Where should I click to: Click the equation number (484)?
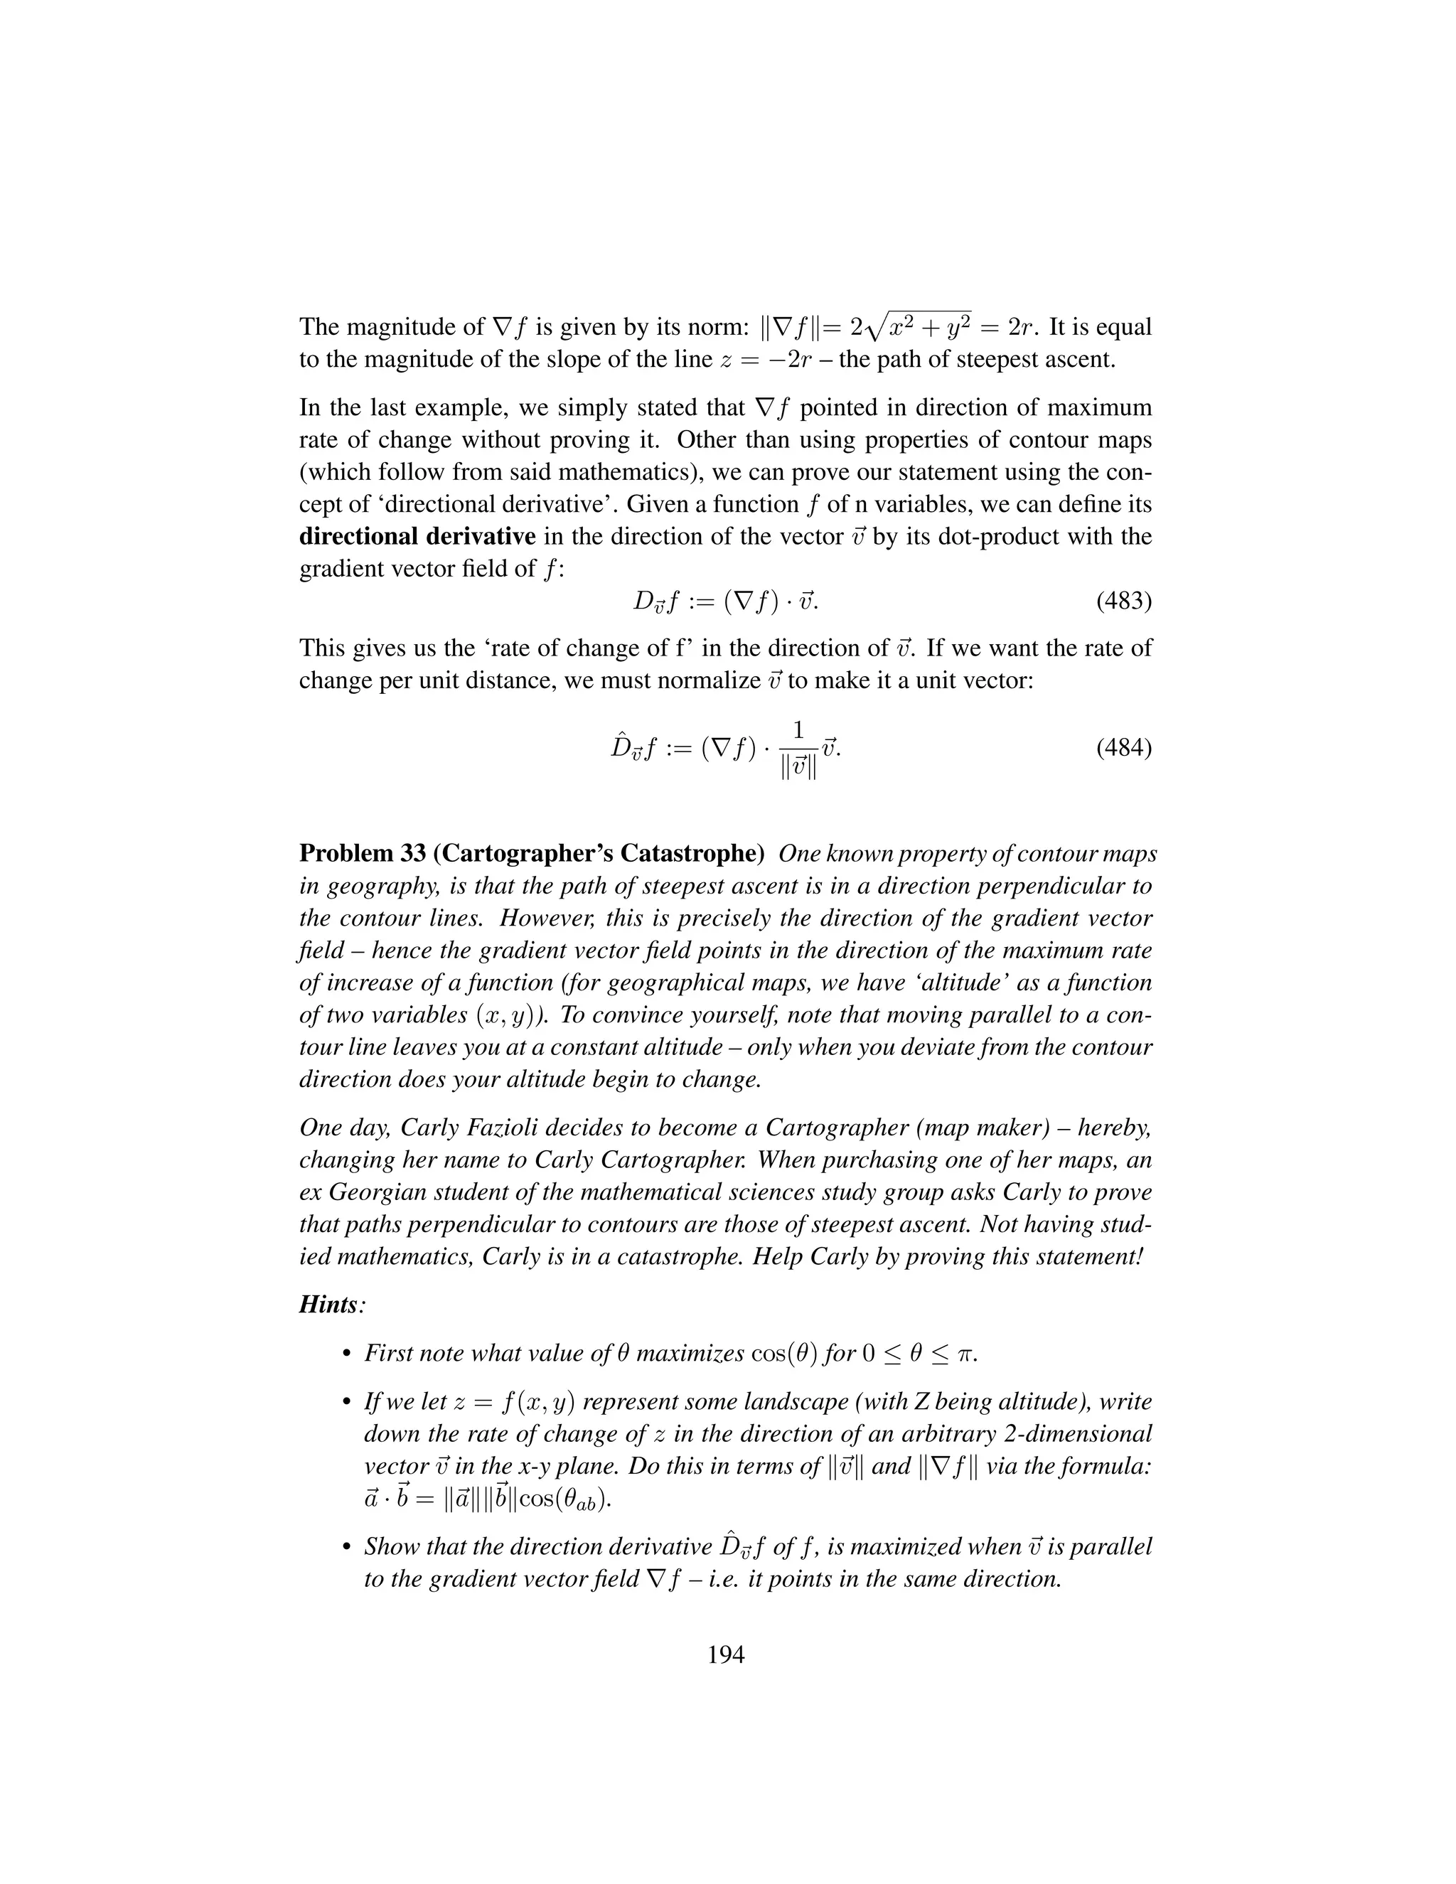click(x=1124, y=747)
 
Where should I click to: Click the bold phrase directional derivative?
click(x=417, y=537)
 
